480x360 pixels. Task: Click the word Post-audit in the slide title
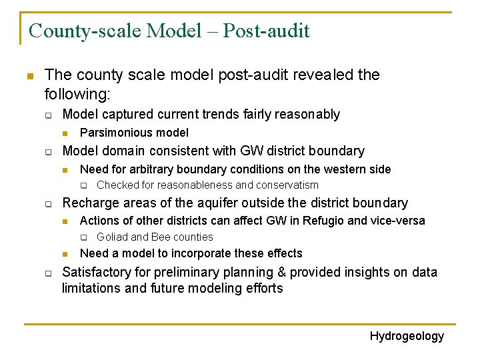click(x=266, y=31)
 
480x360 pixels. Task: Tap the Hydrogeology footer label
click(x=407, y=336)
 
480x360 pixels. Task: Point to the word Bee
click(x=161, y=237)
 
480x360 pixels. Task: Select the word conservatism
click(x=287, y=185)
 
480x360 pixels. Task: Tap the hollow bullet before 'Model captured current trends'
click(x=49, y=115)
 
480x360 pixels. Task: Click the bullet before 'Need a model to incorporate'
click(x=66, y=253)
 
